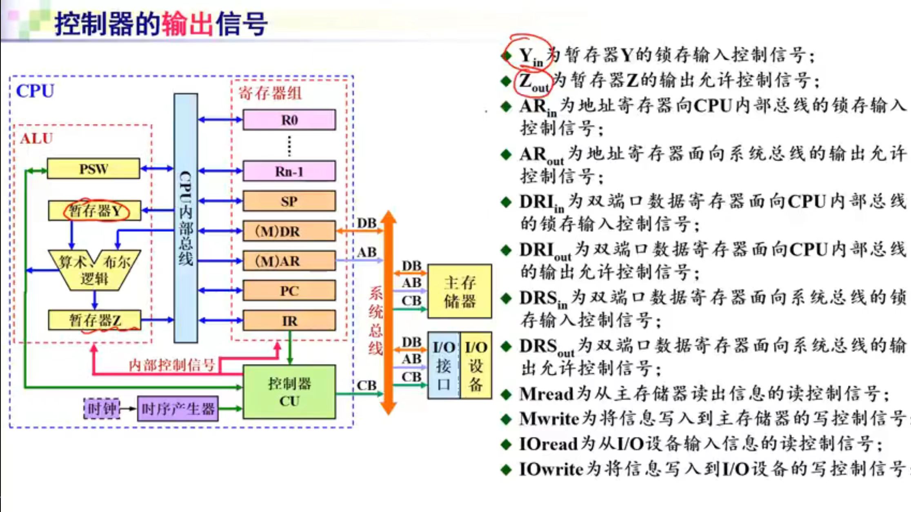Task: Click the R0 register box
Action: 289,120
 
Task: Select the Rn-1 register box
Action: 289,171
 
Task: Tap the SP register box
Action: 289,201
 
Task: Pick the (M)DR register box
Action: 289,231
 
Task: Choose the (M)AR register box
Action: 289,261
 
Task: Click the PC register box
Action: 289,291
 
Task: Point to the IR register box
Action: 289,321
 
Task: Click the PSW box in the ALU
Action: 93,169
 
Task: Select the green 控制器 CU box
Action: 289,392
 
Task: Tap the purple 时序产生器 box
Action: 178,409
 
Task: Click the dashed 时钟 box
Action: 102,409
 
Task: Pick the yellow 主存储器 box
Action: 459,292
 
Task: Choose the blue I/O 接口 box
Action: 444,365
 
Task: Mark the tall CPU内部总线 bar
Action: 186,218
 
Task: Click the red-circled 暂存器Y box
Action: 95,211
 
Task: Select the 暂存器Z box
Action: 95,320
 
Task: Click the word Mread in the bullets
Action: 546,394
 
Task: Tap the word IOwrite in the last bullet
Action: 551,469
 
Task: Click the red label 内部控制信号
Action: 172,365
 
